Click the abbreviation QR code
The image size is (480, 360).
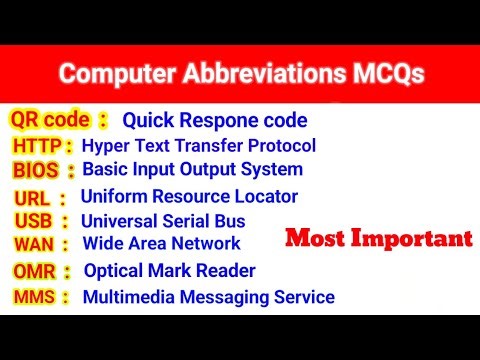[x=51, y=121]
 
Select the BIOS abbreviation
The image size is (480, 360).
[x=37, y=170]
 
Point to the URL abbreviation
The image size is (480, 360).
[x=33, y=198]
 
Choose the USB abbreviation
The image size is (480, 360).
[x=34, y=221]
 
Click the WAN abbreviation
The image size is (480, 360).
[x=34, y=243]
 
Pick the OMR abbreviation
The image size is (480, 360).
[x=35, y=271]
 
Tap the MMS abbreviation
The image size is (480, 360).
[x=34, y=296]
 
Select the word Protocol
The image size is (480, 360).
[x=283, y=146]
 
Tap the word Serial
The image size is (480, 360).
[x=187, y=221]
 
